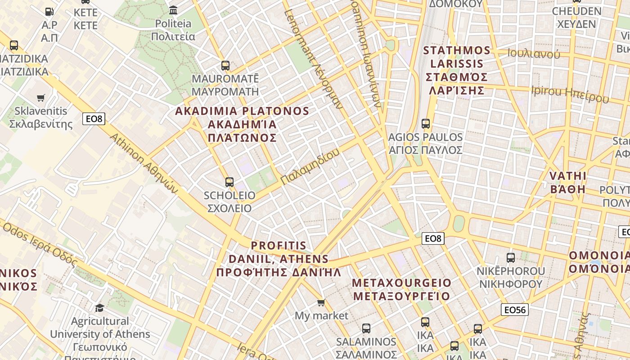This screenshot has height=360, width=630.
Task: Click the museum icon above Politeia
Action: point(173,10)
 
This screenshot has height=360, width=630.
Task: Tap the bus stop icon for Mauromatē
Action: point(225,66)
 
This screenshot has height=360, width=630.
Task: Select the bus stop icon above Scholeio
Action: point(229,182)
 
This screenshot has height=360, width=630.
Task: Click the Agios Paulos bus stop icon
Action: point(425,123)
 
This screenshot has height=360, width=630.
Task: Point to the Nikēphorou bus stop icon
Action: point(511,258)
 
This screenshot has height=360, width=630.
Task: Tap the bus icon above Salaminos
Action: point(366,328)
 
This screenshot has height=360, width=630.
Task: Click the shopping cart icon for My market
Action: point(321,302)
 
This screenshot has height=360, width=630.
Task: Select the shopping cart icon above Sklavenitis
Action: point(41,98)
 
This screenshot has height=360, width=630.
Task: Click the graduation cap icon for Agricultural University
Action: point(99,308)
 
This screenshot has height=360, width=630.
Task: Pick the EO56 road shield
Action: point(515,310)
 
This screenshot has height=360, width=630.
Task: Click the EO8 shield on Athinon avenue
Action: point(94,119)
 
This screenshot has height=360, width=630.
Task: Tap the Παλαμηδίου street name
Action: point(310,166)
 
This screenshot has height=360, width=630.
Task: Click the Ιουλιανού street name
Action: point(534,54)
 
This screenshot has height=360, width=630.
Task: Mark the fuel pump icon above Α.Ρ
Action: point(49,11)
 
